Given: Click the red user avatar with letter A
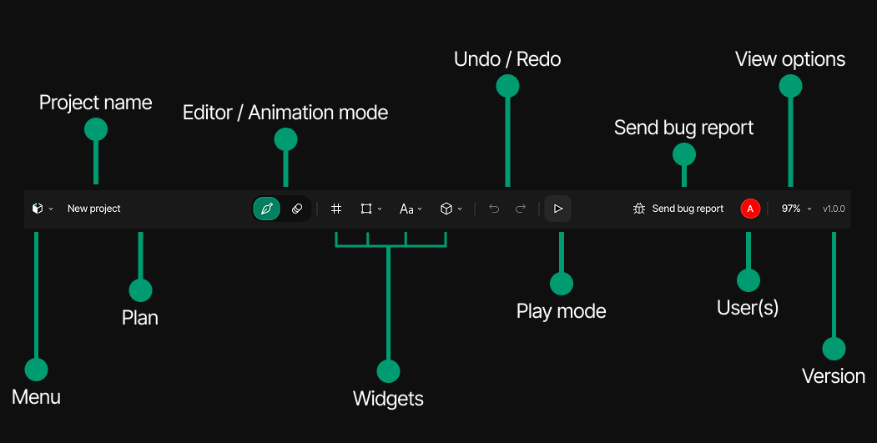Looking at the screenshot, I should click(x=750, y=209).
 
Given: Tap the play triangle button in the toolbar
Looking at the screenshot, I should click(x=558, y=209).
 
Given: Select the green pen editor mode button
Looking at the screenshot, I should click(x=266, y=209).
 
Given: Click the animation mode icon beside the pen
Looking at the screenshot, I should click(x=297, y=209).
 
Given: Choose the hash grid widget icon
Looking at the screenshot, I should click(x=336, y=209).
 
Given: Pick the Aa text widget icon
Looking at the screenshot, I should click(x=406, y=209).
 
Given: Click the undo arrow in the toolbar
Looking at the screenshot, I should click(x=494, y=209).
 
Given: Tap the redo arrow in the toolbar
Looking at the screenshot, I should click(x=521, y=209).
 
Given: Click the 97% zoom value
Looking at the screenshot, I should click(x=791, y=209).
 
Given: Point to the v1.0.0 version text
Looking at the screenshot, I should click(x=834, y=209).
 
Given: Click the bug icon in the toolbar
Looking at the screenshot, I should click(x=639, y=209).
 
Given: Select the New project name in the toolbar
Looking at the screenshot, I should click(x=94, y=209).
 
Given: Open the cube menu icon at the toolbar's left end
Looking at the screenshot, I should click(x=37, y=209).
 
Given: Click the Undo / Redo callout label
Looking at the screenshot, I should click(x=507, y=59).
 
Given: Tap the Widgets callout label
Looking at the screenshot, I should click(x=388, y=399).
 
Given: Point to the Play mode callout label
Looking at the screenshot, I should click(x=561, y=311).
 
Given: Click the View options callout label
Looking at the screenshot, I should click(x=790, y=59).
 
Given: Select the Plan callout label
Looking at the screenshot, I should click(x=140, y=318).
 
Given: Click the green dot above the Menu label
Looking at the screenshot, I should click(x=36, y=370).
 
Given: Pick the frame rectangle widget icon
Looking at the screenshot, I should click(x=365, y=209).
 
